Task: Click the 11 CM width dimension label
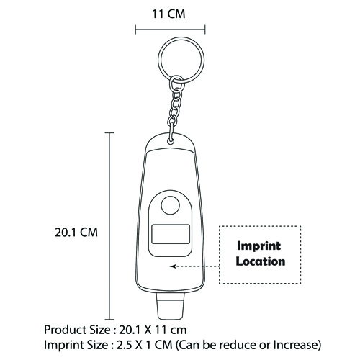pos(168,14)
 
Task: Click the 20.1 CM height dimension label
pos(76,233)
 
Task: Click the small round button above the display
pos(171,205)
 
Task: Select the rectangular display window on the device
pos(171,234)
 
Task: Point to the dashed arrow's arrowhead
pos(173,266)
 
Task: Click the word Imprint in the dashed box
pos(259,246)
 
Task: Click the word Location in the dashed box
pos(261,261)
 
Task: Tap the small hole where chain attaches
pos(171,141)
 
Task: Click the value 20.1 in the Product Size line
pos(130,330)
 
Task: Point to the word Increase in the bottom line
pos(295,345)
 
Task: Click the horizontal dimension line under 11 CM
pos(170,30)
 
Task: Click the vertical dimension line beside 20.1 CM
pos(109,226)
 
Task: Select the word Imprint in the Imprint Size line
pos(61,345)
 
